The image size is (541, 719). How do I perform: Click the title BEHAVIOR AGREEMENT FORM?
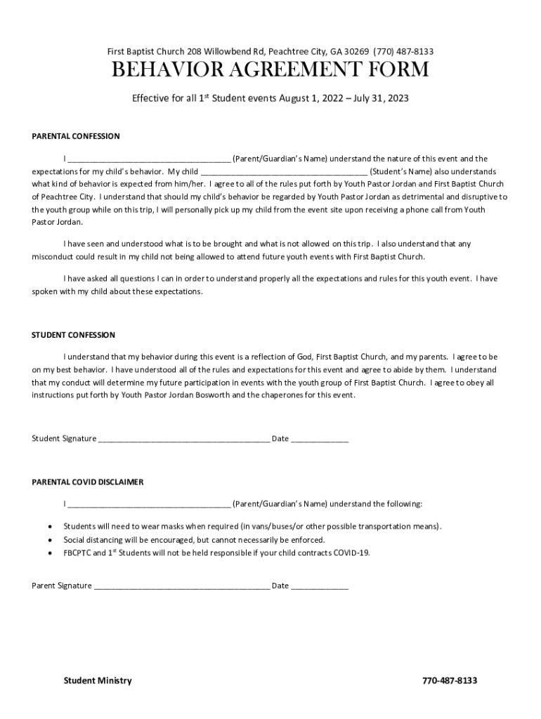click(270, 71)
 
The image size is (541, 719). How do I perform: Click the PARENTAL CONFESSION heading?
click(76, 136)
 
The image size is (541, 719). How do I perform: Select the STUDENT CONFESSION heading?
click(74, 335)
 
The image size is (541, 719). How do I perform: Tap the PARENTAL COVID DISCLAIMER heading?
click(88, 482)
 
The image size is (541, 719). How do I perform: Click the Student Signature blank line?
click(183, 440)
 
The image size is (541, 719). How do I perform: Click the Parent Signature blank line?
click(181, 587)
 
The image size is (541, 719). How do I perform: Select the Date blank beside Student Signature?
click(320, 440)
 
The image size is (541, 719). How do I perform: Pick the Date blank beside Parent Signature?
click(320, 587)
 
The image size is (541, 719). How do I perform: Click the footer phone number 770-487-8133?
click(449, 680)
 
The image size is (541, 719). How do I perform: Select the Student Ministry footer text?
click(98, 680)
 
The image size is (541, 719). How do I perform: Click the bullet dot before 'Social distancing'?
click(48, 540)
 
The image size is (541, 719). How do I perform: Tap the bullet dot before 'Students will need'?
click(48, 526)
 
